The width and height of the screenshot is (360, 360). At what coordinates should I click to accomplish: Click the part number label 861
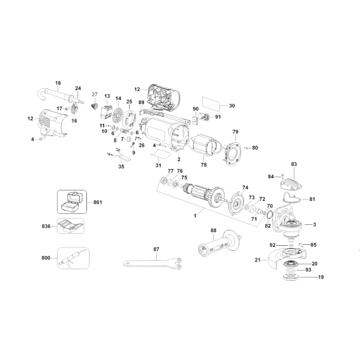tap(97, 202)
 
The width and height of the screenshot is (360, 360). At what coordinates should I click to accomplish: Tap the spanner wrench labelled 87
tap(152, 263)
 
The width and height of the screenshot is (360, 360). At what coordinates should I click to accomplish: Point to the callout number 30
tap(232, 106)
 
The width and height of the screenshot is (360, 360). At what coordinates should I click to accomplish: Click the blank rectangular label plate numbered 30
tap(211, 104)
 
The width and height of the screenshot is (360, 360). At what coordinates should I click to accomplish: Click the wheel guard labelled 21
tap(286, 257)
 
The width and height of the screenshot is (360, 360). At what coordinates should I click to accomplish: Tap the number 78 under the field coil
tap(204, 165)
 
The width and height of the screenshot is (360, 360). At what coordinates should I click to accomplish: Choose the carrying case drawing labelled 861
tap(72, 202)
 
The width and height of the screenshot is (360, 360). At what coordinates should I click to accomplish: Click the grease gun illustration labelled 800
tap(73, 258)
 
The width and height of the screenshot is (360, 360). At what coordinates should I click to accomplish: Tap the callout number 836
tap(46, 227)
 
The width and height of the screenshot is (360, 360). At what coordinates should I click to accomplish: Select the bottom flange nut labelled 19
tap(291, 277)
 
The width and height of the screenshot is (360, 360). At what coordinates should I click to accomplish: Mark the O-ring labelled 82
tap(270, 215)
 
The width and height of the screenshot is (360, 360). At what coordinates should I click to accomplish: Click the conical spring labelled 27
tap(94, 106)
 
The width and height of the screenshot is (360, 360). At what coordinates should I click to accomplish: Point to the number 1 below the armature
tap(195, 216)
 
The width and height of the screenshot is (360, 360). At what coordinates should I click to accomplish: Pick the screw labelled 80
tap(246, 148)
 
